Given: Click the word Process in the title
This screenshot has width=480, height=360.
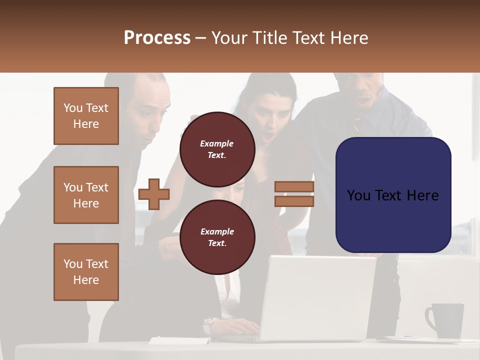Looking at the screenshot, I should tap(157, 38).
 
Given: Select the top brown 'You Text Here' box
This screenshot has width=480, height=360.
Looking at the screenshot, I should tap(86, 116).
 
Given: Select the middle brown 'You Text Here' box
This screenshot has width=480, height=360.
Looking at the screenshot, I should tap(86, 195).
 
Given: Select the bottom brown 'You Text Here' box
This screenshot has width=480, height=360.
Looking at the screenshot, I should tap(86, 271).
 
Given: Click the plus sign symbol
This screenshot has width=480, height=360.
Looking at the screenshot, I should tap(154, 193).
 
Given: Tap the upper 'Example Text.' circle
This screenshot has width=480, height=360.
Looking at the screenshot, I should tap(217, 149).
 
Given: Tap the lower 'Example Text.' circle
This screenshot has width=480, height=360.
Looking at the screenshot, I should tap(217, 237).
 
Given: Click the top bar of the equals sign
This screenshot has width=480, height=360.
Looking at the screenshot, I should tap(294, 187).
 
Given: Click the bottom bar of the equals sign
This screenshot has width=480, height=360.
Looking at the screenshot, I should tap(294, 201).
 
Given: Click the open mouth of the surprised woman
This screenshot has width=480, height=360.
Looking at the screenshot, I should tap(270, 136).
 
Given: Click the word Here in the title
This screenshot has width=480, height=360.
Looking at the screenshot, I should tap(348, 38).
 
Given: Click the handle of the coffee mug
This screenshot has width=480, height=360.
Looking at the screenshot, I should tap(429, 318).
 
